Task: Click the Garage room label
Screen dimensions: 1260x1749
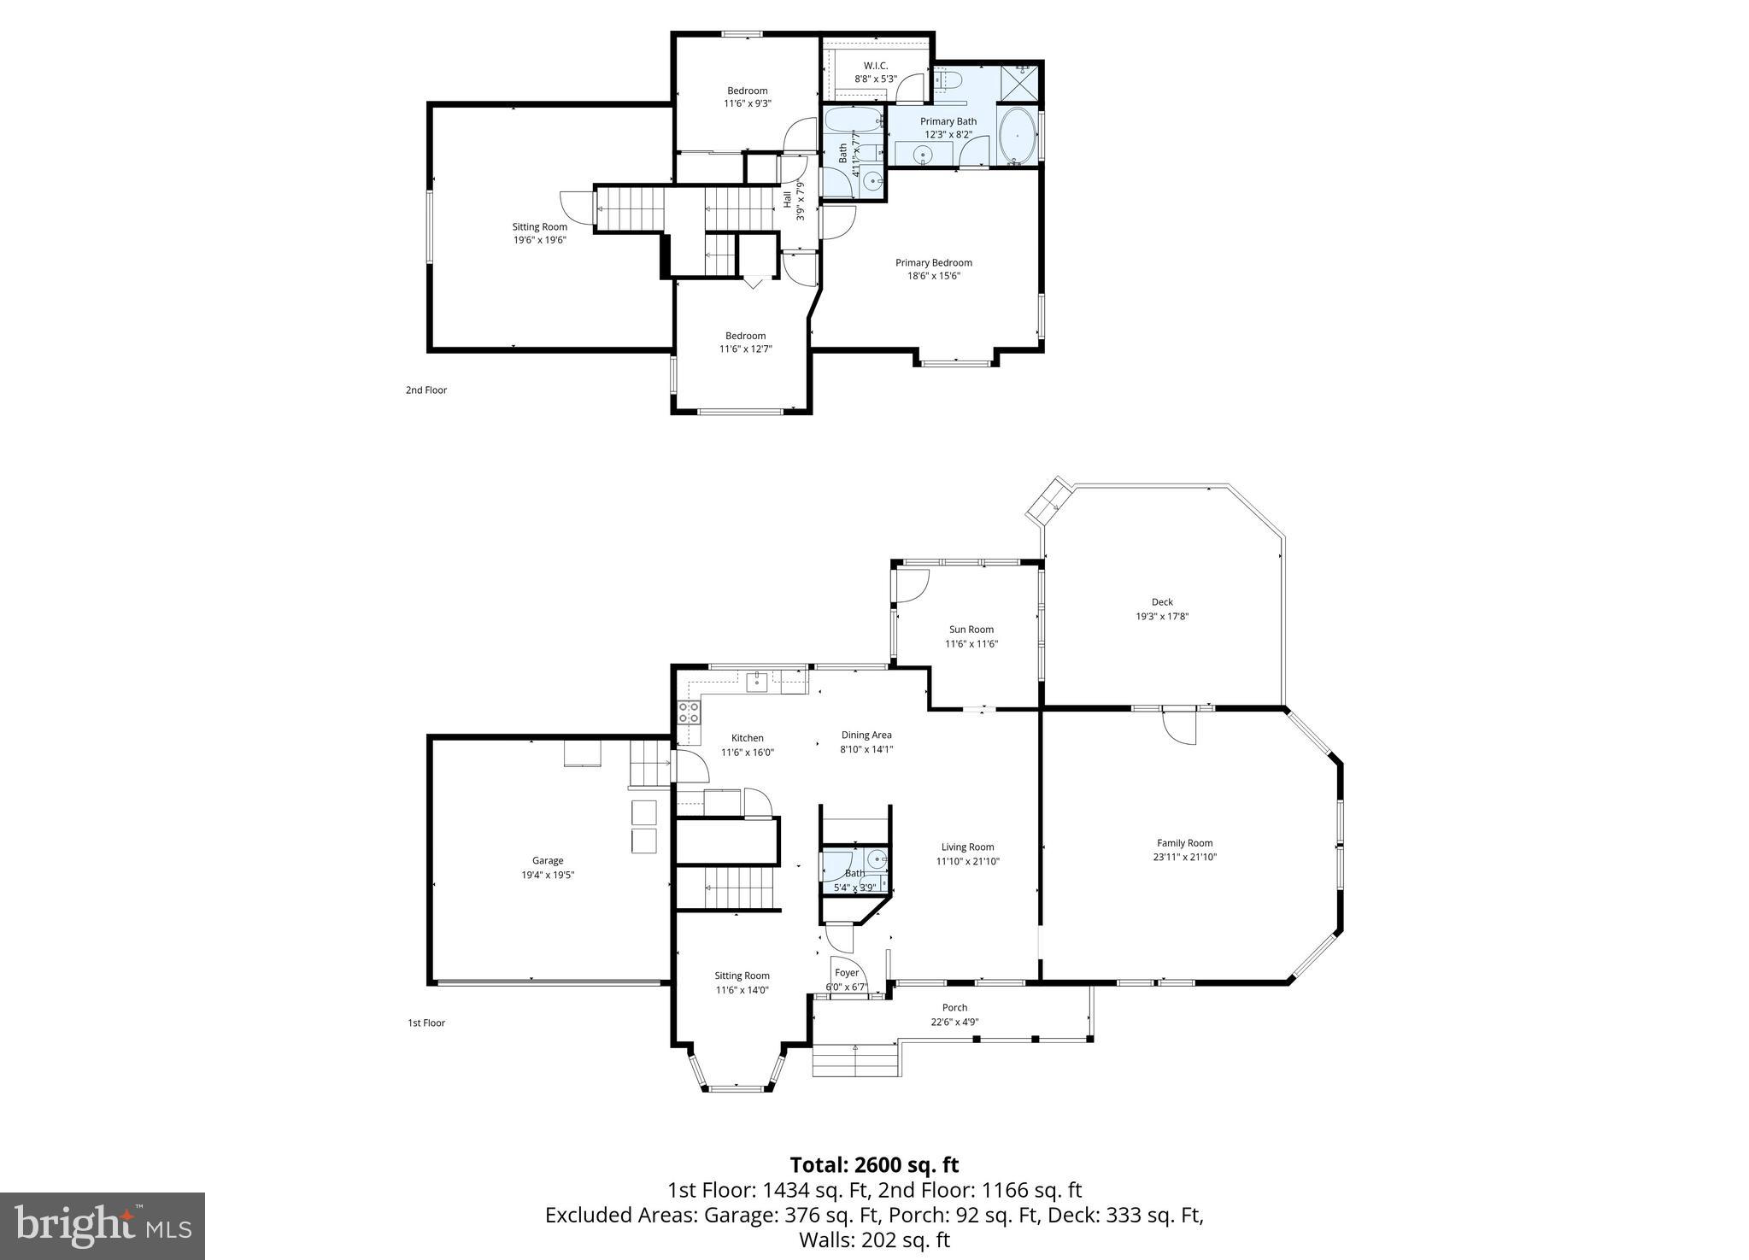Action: click(x=548, y=860)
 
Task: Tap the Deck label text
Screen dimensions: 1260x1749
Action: click(x=1162, y=602)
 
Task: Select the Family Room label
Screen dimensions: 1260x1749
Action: click(x=1184, y=843)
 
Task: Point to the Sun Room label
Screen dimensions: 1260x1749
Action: click(x=971, y=630)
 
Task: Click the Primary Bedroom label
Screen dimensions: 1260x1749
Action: click(x=933, y=262)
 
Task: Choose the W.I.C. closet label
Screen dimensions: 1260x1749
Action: click(x=875, y=66)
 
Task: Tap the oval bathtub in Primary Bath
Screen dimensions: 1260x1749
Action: click(x=1018, y=136)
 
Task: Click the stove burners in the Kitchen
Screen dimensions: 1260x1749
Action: click(x=689, y=712)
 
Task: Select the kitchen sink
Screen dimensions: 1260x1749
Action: click(x=757, y=682)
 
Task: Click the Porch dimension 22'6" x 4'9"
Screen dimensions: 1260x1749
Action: click(x=954, y=1022)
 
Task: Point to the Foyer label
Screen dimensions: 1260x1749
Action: click(x=846, y=973)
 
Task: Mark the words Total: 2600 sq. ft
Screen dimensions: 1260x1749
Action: click(x=874, y=1165)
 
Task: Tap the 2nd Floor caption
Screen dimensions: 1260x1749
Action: click(x=426, y=390)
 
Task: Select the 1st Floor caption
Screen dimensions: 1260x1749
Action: click(x=426, y=1023)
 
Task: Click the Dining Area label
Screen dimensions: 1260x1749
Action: click(x=866, y=735)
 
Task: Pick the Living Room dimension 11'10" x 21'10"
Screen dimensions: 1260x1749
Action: click(x=967, y=861)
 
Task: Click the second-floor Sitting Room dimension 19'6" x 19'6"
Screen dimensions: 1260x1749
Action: click(x=539, y=240)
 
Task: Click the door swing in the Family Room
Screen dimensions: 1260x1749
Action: click(x=1179, y=729)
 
